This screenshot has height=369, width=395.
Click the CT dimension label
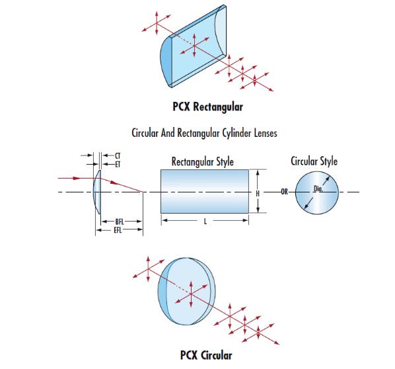[118, 155]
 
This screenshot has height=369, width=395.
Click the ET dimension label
[118, 165]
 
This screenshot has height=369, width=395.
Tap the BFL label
[120, 222]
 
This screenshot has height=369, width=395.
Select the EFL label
[118, 230]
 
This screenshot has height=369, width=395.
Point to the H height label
[258, 194]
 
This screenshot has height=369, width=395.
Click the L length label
[205, 222]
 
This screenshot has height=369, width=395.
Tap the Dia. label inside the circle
[318, 188]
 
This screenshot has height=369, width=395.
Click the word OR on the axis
[285, 192]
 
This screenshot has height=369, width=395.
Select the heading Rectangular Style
[203, 161]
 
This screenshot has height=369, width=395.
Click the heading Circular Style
[314, 161]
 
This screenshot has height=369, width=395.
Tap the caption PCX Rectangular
[208, 106]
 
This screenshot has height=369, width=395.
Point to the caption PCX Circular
[206, 355]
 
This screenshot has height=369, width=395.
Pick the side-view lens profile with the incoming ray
[97, 192]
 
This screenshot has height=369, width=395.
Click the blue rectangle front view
[205, 191]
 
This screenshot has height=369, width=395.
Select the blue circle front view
[317, 193]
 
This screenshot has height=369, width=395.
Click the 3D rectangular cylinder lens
[194, 46]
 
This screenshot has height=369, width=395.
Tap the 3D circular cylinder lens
[187, 292]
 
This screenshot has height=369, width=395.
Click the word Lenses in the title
[266, 133]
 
